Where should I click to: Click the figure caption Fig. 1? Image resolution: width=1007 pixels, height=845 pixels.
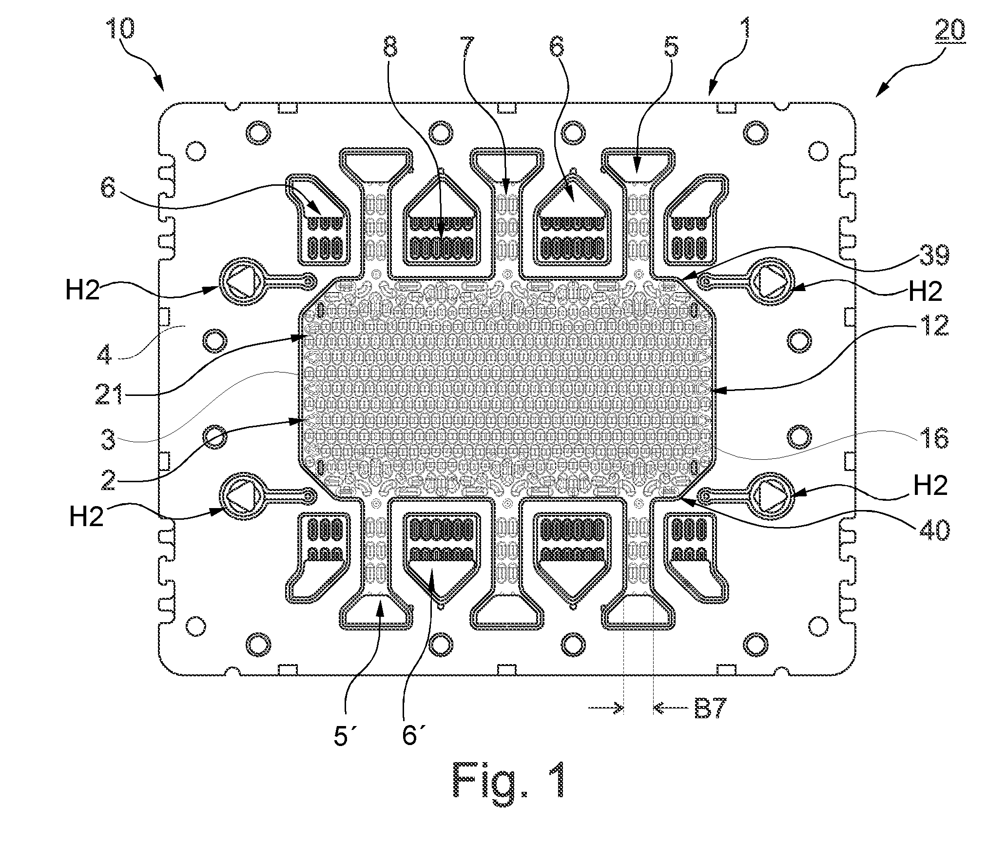coord(509,786)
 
